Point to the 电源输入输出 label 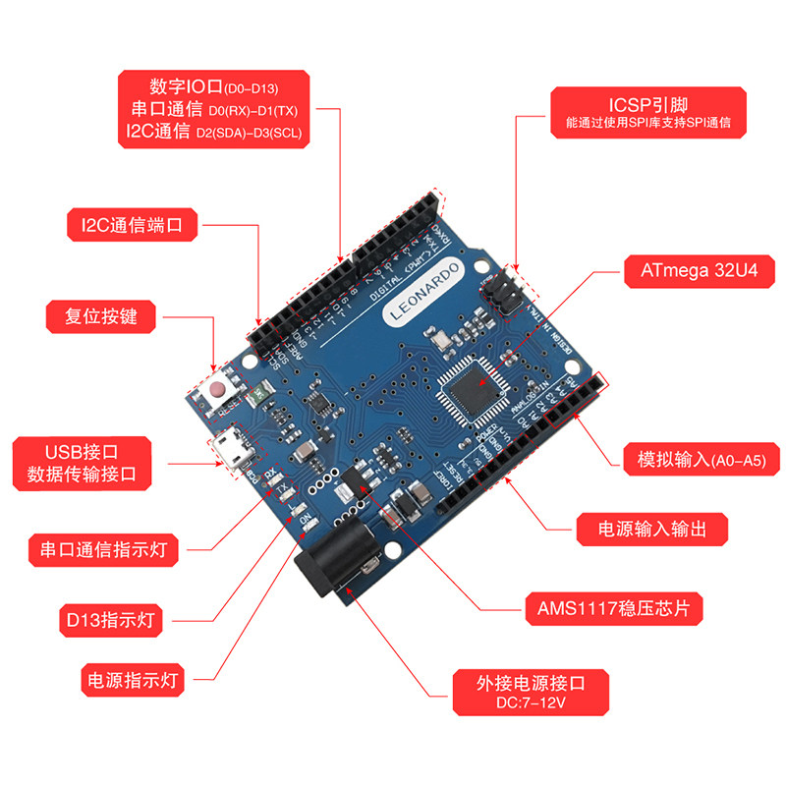point(652,529)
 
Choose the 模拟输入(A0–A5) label point(694,460)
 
